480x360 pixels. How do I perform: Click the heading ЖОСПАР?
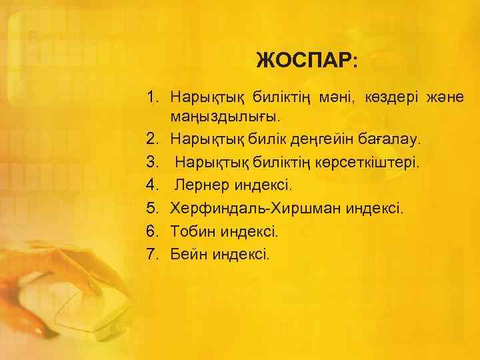(x=307, y=61)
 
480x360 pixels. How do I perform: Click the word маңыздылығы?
(x=226, y=117)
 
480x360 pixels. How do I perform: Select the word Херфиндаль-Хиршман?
(x=255, y=208)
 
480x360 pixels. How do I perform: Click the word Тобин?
(x=190, y=231)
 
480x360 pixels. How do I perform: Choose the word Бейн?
(x=187, y=253)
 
